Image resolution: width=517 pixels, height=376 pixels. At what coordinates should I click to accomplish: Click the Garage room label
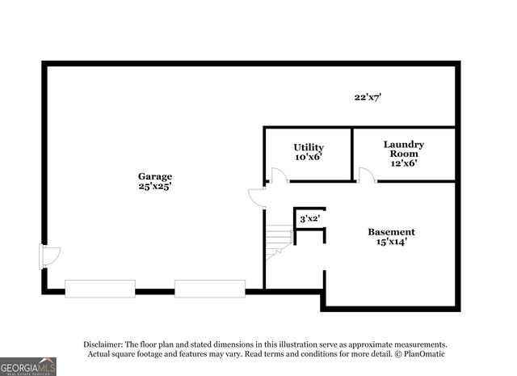tap(154, 176)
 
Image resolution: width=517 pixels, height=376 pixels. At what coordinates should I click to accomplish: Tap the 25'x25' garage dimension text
tap(154, 186)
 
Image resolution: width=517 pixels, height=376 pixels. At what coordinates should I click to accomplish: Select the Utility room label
tap(309, 147)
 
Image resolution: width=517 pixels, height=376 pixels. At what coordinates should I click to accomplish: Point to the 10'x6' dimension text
tap(309, 157)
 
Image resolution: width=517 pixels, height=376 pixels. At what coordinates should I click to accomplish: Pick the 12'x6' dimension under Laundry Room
tap(404, 163)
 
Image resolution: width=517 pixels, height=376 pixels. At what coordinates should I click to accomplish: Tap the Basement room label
tap(391, 231)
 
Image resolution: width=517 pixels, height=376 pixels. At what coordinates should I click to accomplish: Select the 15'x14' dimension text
tap(391, 241)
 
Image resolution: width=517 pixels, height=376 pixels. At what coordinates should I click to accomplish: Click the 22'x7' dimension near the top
tap(368, 97)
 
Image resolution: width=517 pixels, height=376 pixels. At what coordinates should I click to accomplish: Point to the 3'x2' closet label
tap(309, 218)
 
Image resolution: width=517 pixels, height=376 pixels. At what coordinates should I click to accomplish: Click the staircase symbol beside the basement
tap(280, 239)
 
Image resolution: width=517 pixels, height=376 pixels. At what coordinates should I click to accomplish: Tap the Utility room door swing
tap(279, 175)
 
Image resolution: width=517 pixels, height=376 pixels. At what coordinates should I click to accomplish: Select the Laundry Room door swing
tap(366, 175)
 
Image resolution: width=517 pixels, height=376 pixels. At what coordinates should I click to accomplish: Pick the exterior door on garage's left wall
tap(49, 257)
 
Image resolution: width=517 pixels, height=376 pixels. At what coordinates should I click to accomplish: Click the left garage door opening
tap(100, 289)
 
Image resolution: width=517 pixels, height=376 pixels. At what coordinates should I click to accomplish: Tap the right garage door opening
tap(210, 289)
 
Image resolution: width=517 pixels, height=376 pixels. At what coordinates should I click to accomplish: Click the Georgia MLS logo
tap(28, 366)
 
